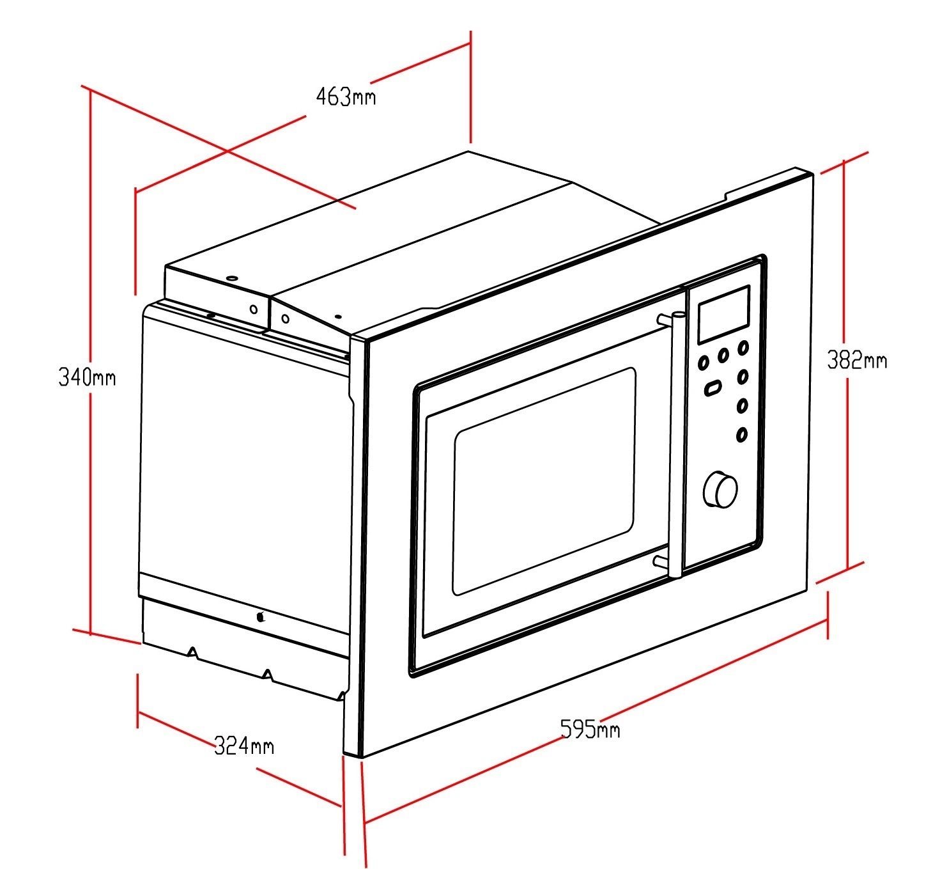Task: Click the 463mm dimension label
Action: (346, 97)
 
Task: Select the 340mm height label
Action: (87, 377)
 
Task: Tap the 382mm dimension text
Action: (856, 360)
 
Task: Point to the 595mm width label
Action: (589, 729)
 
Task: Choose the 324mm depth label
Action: (243, 746)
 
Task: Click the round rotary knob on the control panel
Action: (720, 490)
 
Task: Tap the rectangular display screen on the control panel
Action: (723, 314)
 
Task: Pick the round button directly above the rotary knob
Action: (741, 435)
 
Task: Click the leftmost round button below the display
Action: (703, 363)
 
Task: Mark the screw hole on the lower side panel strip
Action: (260, 617)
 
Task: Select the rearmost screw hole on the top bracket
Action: (231, 279)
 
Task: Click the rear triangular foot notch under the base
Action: (192, 652)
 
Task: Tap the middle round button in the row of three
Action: (723, 355)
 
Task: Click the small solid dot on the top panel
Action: (337, 317)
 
